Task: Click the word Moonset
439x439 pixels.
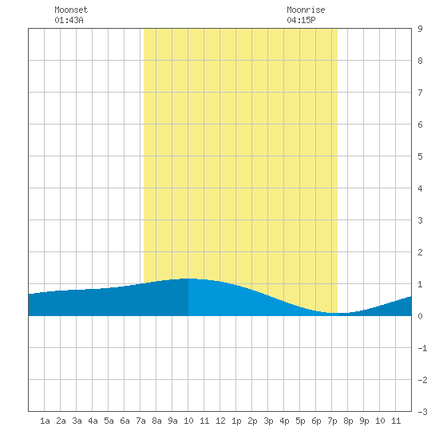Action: pos(71,10)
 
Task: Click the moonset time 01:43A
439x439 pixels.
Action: pos(69,20)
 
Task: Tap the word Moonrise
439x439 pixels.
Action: pos(306,10)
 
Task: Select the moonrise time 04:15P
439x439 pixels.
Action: pos(301,20)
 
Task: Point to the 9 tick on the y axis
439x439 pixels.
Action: pos(420,29)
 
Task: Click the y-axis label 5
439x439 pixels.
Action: pos(420,156)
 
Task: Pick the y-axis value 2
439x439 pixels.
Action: pos(420,252)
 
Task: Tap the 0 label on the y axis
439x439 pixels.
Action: pos(420,316)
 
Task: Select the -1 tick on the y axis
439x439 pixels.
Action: pos(422,348)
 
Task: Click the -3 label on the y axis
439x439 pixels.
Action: pos(422,412)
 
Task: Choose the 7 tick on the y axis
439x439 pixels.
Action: pos(420,93)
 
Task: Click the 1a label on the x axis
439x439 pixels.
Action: pos(45,421)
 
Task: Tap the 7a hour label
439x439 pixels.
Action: pos(140,421)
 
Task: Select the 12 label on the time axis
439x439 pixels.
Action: pos(220,421)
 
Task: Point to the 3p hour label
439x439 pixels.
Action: pos(268,421)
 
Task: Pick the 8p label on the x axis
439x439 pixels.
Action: pos(348,421)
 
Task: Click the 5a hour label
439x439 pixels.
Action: pos(109,421)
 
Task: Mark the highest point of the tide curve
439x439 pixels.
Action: pos(189,279)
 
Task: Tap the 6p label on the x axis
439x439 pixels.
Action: pos(316,421)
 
